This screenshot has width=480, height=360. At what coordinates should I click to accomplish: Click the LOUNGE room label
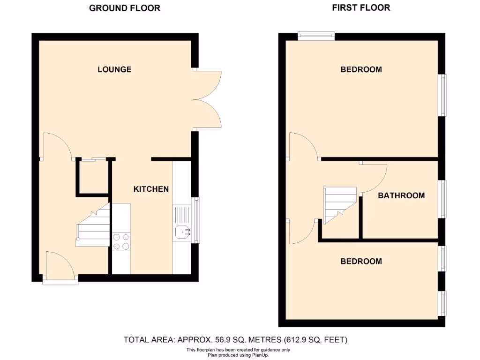114,69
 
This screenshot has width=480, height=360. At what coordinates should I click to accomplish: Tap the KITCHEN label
151,189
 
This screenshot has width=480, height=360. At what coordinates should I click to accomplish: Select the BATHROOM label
401,195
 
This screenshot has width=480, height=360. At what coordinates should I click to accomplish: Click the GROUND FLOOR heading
125,8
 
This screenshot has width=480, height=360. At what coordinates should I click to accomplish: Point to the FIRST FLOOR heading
361,7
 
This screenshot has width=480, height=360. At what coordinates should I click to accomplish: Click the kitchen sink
182,230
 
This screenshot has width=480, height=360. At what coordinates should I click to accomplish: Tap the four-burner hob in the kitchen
121,241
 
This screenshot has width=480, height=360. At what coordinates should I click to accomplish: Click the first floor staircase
338,205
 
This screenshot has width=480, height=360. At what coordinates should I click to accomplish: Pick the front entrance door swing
60,266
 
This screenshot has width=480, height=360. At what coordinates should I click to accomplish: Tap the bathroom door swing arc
375,178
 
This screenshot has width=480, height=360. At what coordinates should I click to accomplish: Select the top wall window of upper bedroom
316,36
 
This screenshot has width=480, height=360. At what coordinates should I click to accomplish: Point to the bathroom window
443,199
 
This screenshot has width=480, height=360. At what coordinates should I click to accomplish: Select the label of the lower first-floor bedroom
361,261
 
